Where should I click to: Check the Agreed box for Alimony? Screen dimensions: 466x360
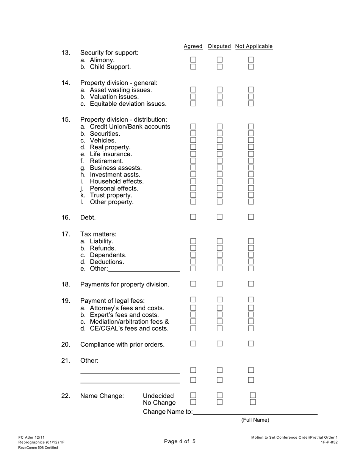[x=193, y=60]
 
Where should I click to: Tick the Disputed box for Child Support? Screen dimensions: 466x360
[x=220, y=67]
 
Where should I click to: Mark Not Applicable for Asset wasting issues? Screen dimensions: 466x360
[x=251, y=90]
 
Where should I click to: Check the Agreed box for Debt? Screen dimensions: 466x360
[x=193, y=217]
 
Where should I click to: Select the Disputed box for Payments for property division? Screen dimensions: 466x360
[x=220, y=284]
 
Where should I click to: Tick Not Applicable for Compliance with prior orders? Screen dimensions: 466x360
[x=251, y=344]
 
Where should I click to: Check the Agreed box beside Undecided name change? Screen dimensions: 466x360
[x=193, y=395]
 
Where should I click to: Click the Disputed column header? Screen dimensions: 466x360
[x=219, y=46]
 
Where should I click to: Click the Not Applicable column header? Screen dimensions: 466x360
[x=254, y=46]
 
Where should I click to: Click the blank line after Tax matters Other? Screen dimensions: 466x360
[x=144, y=269]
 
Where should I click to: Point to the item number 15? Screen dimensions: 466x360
[x=66, y=120]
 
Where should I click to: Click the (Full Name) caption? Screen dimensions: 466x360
[x=255, y=420]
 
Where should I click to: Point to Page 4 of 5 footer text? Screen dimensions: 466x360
[x=180, y=441]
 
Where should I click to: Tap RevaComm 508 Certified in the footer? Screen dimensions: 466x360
[x=38, y=447]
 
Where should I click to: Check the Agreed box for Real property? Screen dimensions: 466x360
[x=193, y=147]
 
